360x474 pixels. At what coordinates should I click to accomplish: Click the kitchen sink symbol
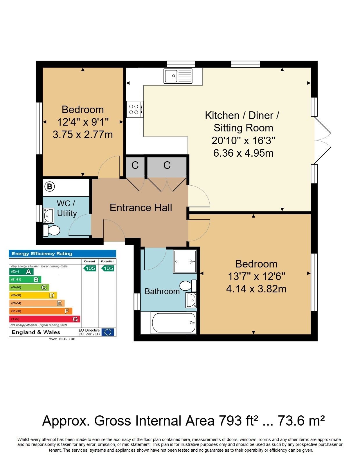[x=178, y=76]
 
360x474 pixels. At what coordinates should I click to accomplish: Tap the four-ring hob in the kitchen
[x=135, y=109]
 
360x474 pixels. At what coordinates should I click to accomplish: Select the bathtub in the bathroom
[x=174, y=323]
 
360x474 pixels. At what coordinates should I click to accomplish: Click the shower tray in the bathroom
[x=185, y=261]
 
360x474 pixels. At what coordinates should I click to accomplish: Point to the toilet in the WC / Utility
[x=51, y=230]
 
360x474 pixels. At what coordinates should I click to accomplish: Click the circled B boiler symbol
[x=49, y=186]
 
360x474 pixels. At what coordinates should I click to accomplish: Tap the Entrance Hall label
[x=141, y=207]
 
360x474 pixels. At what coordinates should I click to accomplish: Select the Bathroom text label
[x=162, y=291]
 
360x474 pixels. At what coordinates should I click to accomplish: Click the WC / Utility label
[x=66, y=208]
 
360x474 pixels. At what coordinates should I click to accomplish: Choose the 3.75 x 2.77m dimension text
[x=83, y=135]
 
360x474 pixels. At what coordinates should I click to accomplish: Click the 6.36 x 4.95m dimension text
[x=243, y=153]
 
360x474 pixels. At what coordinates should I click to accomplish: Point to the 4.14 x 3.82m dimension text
[x=256, y=289]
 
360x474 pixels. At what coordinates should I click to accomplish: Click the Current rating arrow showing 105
[x=89, y=268]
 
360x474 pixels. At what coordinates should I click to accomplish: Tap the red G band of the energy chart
[x=44, y=319]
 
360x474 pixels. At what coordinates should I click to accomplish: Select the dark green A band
[x=21, y=272]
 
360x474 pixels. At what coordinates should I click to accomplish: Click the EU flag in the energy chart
[x=108, y=332]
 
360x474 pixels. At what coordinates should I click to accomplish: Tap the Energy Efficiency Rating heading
[x=42, y=254]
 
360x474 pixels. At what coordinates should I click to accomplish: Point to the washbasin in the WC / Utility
[x=49, y=216]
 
